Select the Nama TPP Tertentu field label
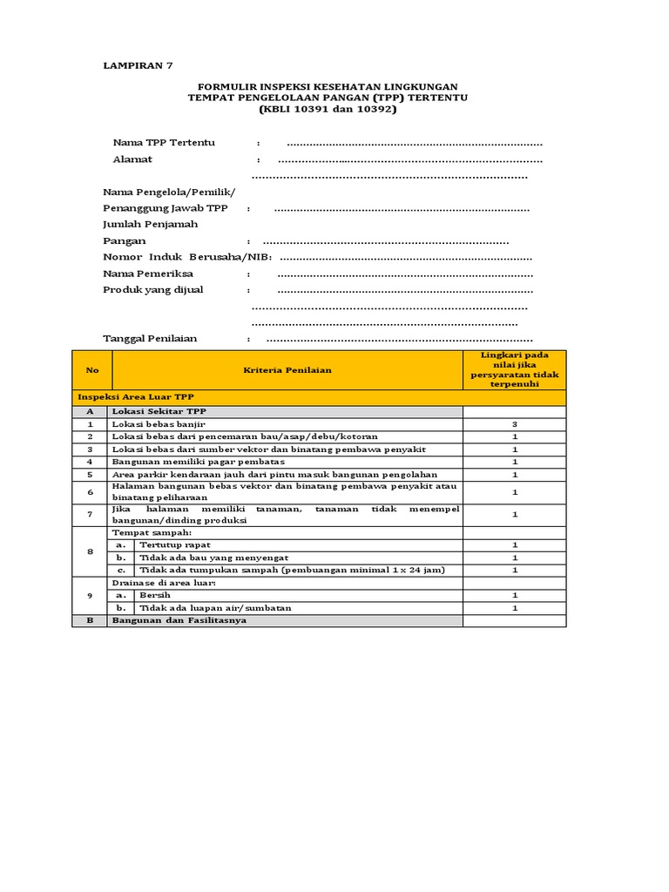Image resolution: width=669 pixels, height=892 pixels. coord(163,142)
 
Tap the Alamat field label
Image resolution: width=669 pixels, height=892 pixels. coord(132,159)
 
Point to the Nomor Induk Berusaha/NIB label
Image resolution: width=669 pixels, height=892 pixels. coord(187,257)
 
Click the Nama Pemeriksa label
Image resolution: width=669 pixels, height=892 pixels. coord(147,274)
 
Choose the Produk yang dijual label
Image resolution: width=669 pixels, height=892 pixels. coord(153,289)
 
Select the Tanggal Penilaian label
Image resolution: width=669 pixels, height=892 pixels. coord(150,338)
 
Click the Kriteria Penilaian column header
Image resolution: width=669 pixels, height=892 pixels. coord(287,370)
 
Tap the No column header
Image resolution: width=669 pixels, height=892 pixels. coord(91,370)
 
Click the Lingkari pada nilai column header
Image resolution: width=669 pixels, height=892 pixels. coord(514,369)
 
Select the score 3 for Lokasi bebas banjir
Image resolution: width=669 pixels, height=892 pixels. coord(514,423)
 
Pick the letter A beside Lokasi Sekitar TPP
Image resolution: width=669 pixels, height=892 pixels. coord(90,411)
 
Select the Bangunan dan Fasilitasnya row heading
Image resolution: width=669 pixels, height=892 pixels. coord(179,620)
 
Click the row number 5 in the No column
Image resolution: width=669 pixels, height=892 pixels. coord(90,474)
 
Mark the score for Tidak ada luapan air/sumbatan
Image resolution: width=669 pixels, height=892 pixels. coord(514,607)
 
